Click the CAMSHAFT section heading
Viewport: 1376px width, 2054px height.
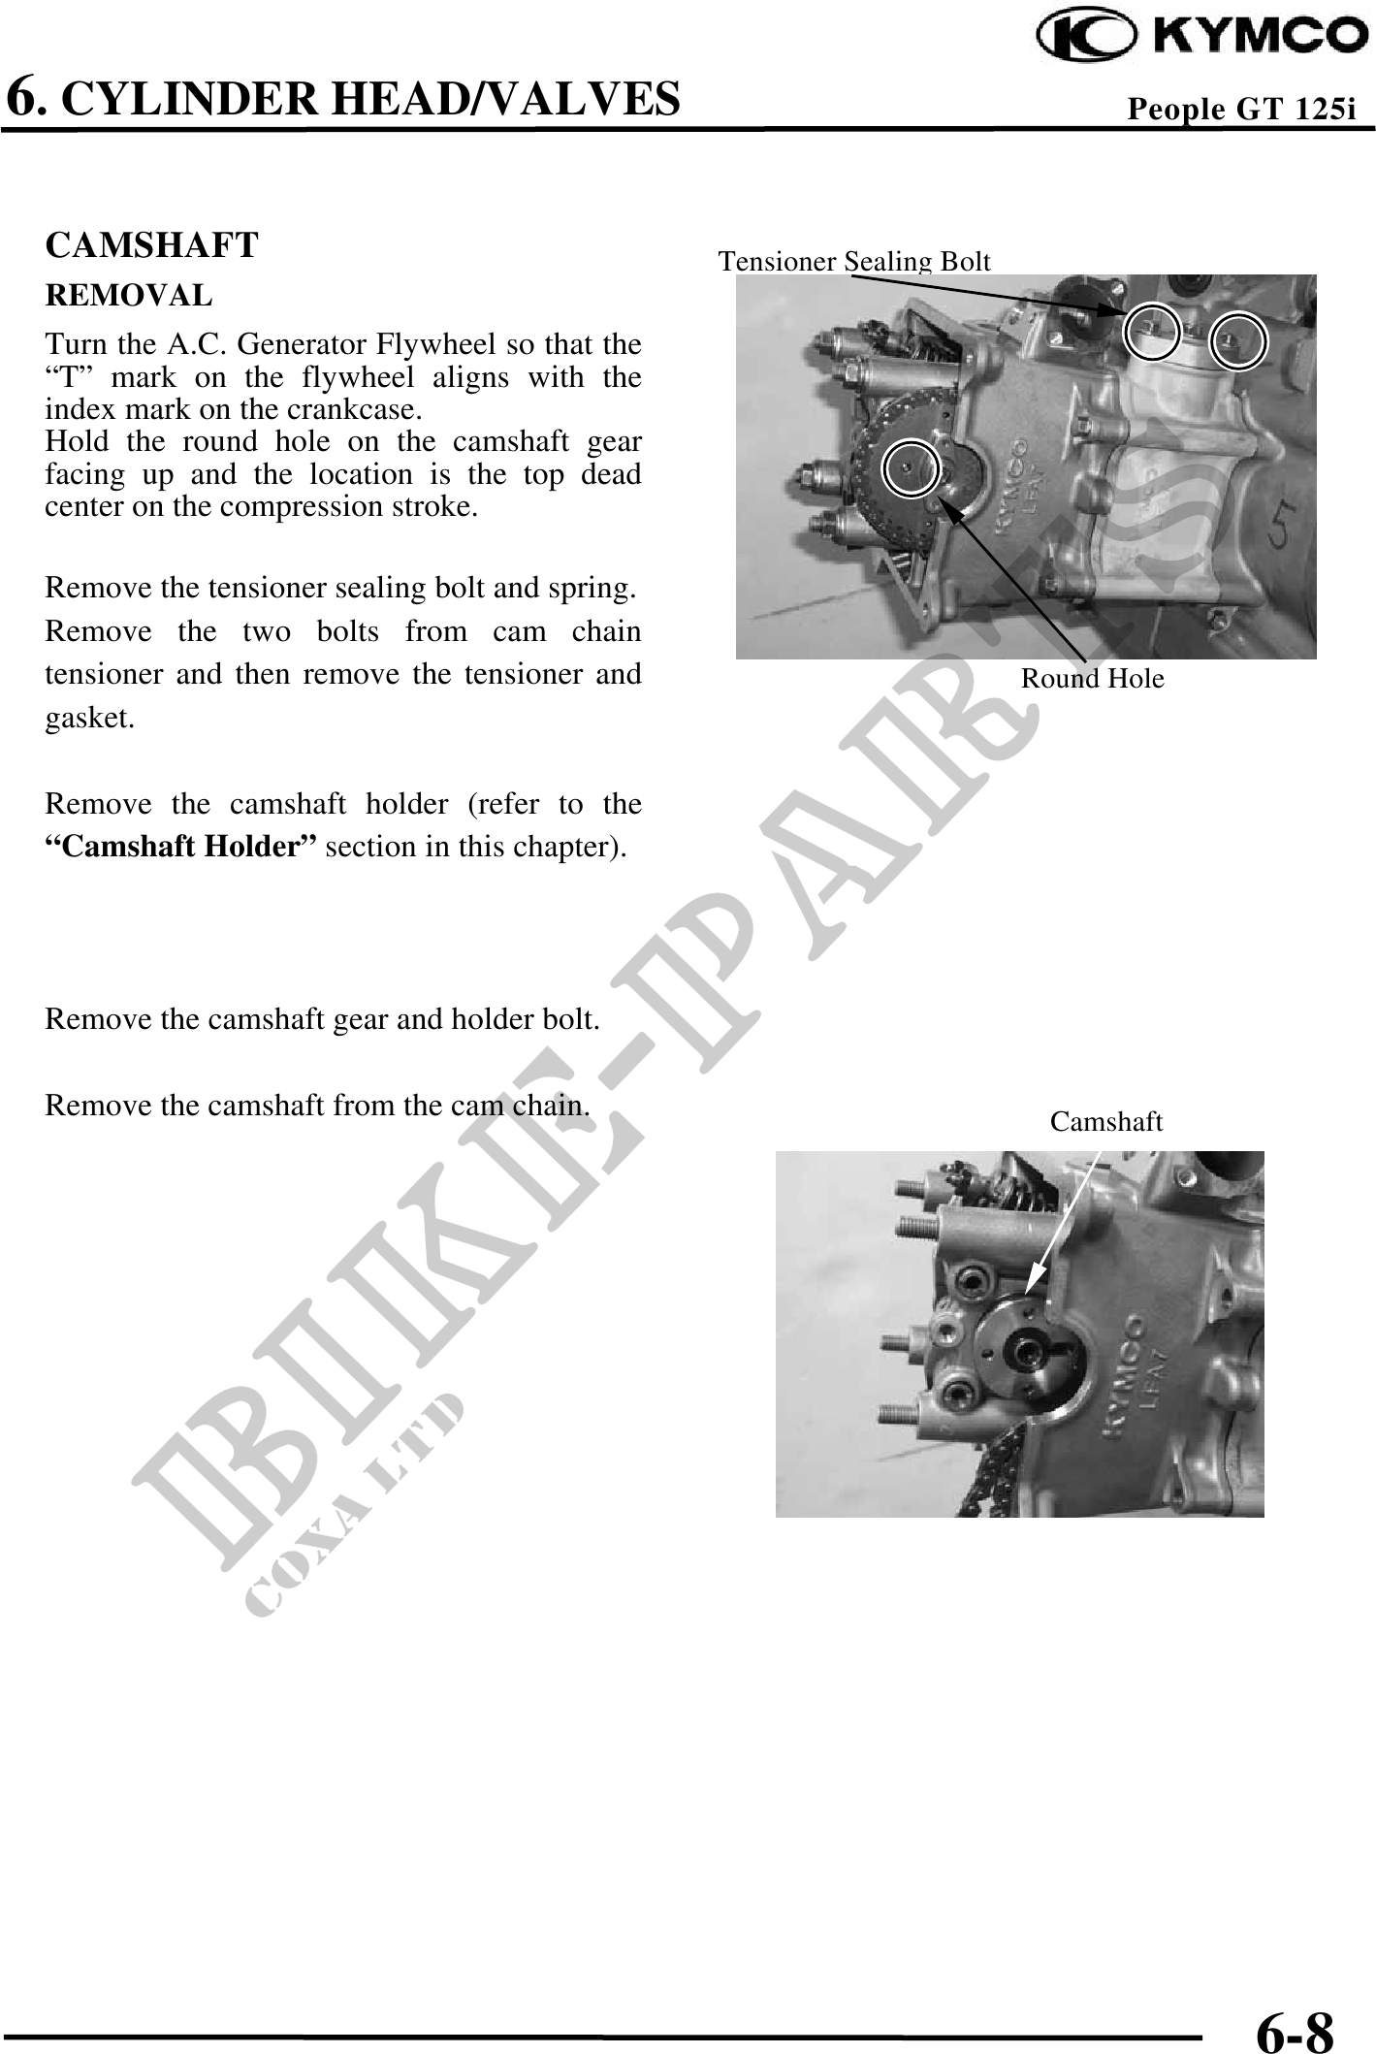click(152, 245)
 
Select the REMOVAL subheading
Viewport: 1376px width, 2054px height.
click(129, 294)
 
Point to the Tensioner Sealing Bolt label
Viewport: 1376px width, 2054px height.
click(854, 261)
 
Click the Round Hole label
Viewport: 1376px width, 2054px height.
click(1093, 679)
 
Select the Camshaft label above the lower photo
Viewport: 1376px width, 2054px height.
click(1106, 1122)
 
